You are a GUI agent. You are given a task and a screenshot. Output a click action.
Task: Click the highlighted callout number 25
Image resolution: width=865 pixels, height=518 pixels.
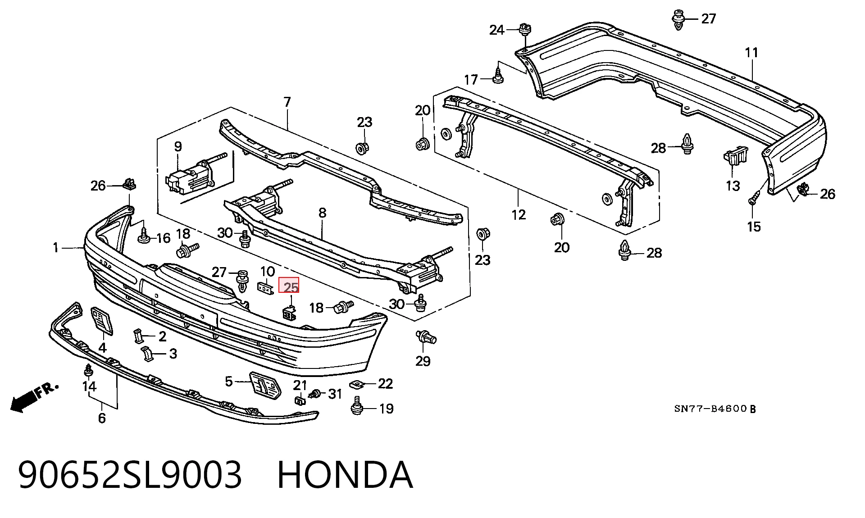pyautogui.click(x=289, y=286)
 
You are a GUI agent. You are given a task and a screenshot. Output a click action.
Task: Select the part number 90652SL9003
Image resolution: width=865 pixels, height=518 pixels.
pyautogui.click(x=130, y=474)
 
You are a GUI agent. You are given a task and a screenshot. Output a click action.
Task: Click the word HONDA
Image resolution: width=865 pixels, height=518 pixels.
pyautogui.click(x=345, y=474)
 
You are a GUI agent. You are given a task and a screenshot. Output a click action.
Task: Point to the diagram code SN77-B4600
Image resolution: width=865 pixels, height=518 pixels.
pyautogui.click(x=710, y=409)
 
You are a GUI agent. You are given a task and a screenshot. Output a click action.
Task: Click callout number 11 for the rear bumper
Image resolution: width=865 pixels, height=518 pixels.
pyautogui.click(x=751, y=53)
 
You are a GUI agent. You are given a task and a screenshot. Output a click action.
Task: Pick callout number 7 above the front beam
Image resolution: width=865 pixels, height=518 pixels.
pyautogui.click(x=287, y=102)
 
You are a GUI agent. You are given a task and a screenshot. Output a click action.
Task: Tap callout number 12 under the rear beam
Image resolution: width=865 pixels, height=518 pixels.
pyautogui.click(x=519, y=214)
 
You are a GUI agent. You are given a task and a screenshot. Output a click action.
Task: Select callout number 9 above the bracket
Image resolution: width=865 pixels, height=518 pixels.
pyautogui.click(x=178, y=146)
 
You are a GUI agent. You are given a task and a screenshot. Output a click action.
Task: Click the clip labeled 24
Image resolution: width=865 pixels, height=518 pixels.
pyautogui.click(x=525, y=30)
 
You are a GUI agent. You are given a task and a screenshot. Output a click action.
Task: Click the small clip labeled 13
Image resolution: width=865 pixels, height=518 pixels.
pyautogui.click(x=734, y=159)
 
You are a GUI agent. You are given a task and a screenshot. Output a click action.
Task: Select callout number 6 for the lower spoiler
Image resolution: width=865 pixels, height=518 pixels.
pyautogui.click(x=102, y=418)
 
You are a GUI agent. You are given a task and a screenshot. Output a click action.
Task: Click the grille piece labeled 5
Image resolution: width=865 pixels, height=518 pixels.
pyautogui.click(x=265, y=386)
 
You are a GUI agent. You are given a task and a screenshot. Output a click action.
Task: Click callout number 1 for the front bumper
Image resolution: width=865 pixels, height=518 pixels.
pyautogui.click(x=56, y=247)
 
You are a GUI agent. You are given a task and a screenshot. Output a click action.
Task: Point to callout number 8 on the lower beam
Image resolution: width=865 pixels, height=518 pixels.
pyautogui.click(x=322, y=213)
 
